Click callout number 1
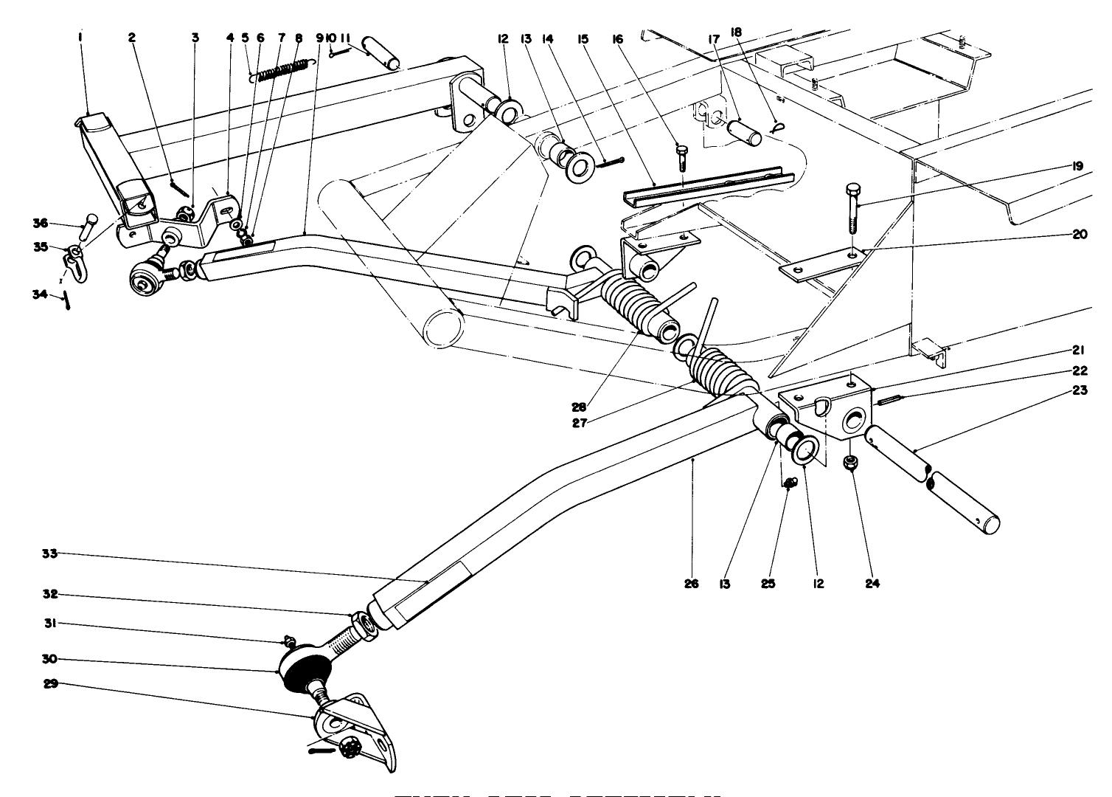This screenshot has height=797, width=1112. (79, 35)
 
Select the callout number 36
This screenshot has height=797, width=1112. (40, 222)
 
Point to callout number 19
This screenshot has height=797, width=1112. (1077, 167)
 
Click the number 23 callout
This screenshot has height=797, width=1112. (1080, 392)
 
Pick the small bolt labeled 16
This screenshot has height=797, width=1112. (682, 157)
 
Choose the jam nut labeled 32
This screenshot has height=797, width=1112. (361, 624)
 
